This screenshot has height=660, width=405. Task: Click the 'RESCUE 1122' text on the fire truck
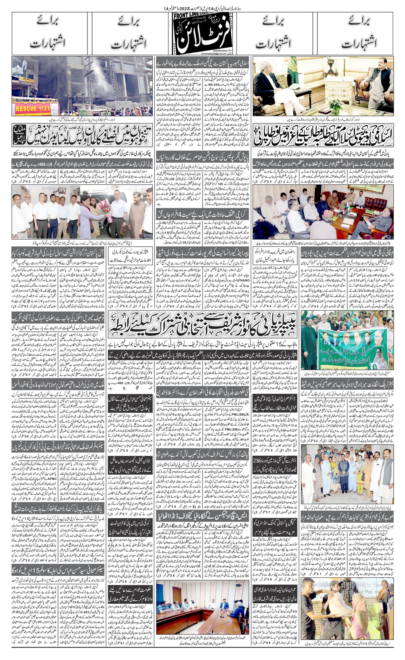33,108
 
